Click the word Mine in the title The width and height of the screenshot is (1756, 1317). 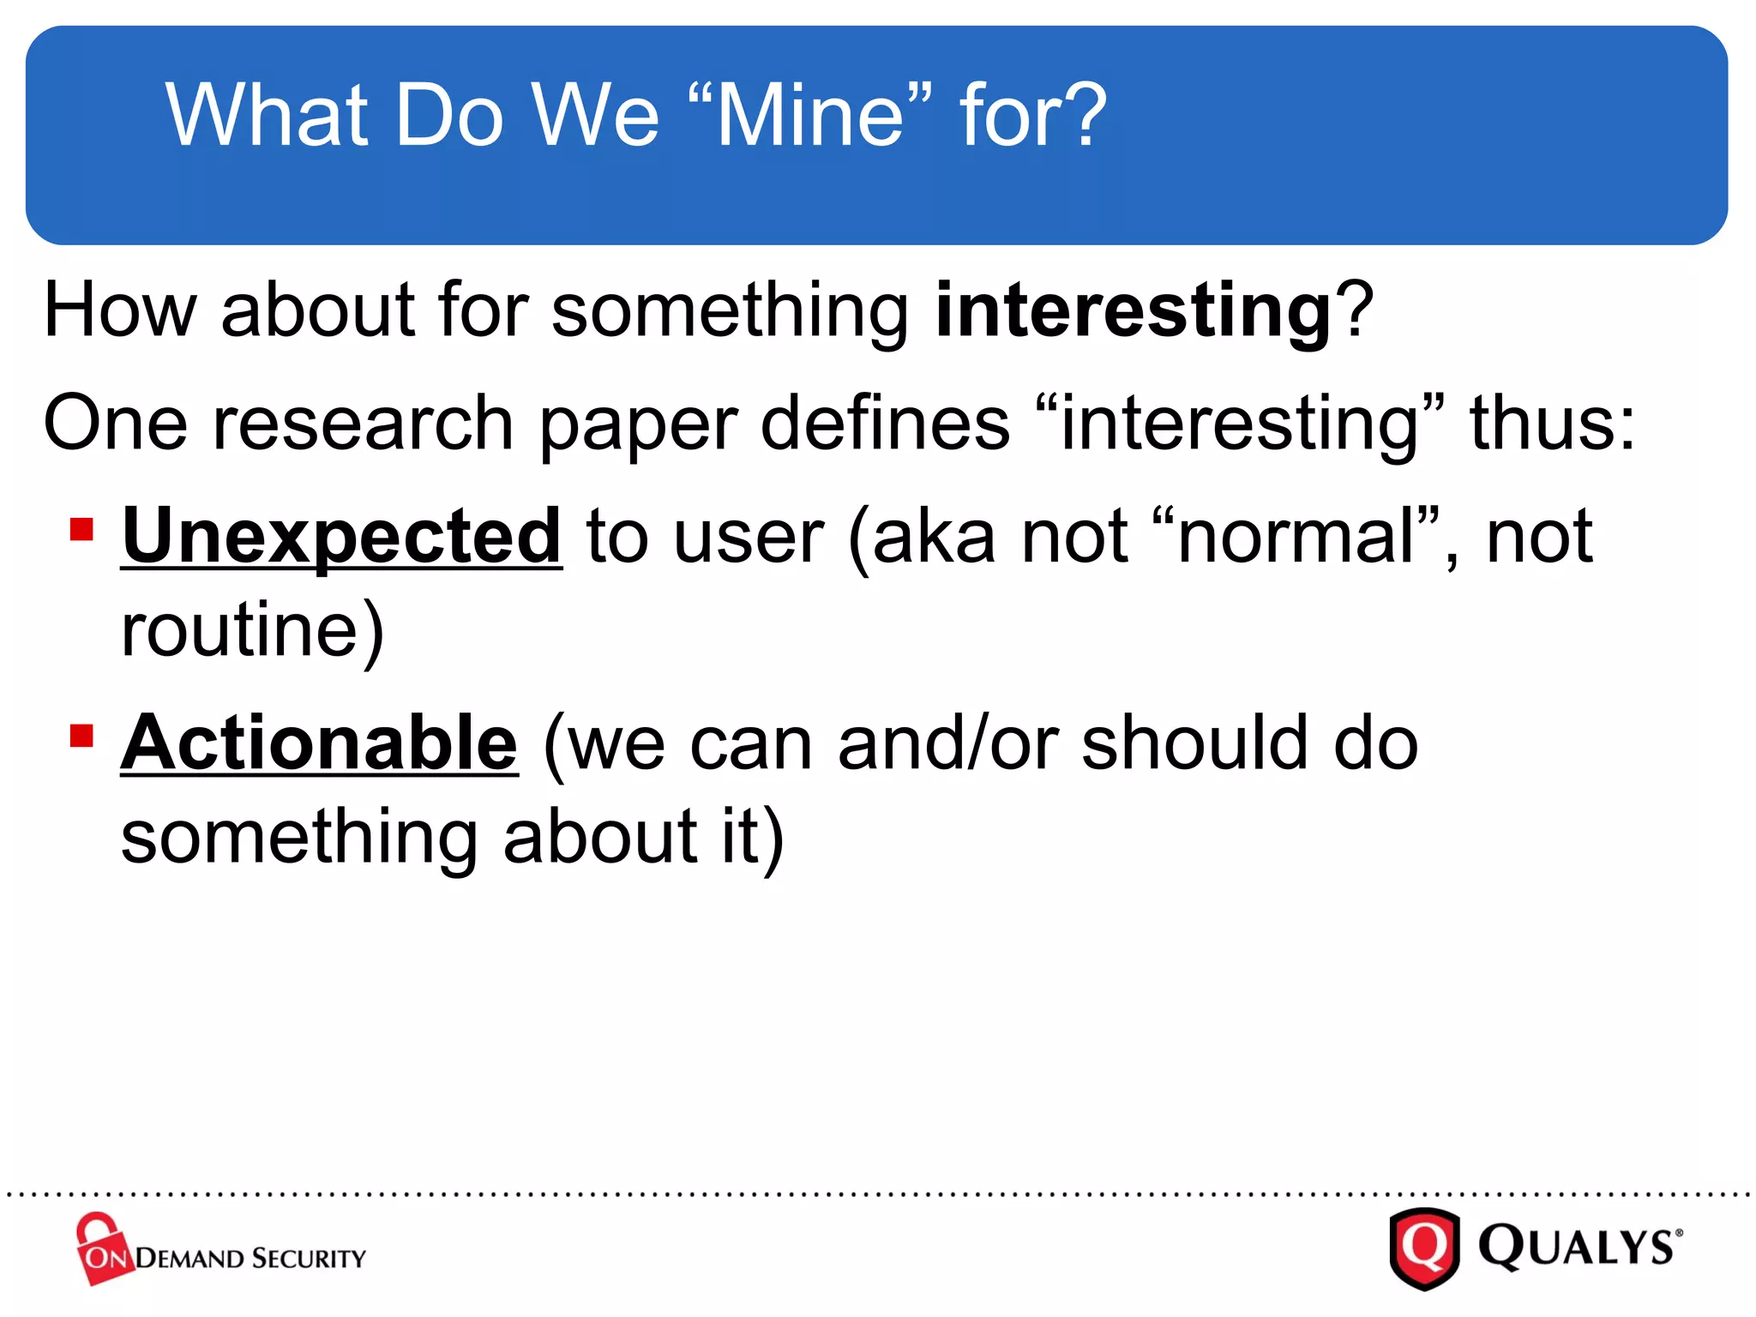coord(810,116)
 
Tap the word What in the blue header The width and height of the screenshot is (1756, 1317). coord(267,116)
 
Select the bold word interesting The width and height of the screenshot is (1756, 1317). coord(1133,310)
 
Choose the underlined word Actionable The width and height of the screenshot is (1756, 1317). coord(320,743)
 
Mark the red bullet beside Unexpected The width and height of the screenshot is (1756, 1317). coord(81,529)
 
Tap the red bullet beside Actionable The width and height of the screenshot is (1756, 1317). coord(81,736)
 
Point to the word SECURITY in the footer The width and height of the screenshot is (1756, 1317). coord(310,1259)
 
